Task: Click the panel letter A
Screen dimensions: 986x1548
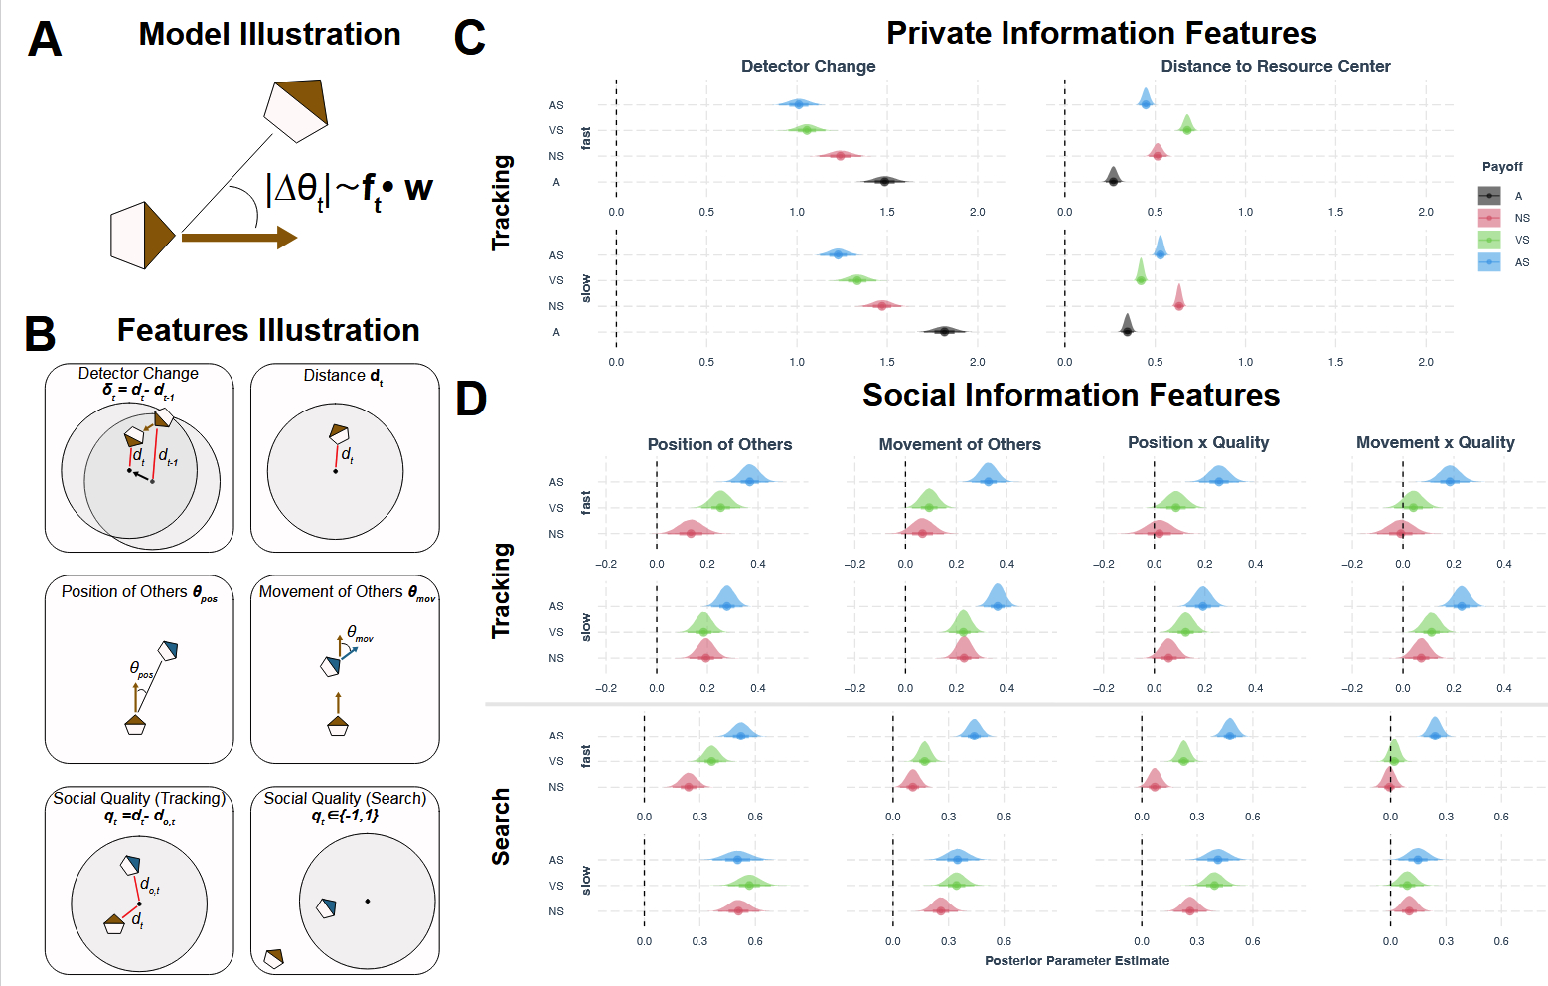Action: tap(45, 40)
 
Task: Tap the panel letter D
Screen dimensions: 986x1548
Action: tap(471, 400)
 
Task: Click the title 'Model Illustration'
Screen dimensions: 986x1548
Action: tap(269, 34)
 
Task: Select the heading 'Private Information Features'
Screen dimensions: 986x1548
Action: tap(1101, 33)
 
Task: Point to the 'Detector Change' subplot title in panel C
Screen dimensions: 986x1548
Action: tap(808, 66)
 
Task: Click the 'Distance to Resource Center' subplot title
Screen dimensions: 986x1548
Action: tap(1275, 66)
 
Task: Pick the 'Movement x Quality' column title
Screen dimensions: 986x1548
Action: tap(1435, 442)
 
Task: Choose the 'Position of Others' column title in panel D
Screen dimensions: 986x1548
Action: tap(719, 444)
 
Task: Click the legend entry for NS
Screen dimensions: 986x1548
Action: tap(1521, 218)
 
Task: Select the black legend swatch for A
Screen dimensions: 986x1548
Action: tap(1489, 196)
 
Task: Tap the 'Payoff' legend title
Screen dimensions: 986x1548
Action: tap(1501, 167)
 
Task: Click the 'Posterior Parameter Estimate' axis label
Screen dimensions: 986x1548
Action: tap(1076, 960)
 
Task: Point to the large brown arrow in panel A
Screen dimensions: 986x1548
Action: tap(238, 238)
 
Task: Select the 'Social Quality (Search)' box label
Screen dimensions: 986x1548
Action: tap(345, 799)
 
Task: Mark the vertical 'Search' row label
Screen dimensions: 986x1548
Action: tap(501, 826)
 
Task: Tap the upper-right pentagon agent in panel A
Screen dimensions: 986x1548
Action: tap(296, 110)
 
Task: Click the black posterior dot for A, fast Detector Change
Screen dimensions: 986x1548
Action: tap(884, 181)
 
